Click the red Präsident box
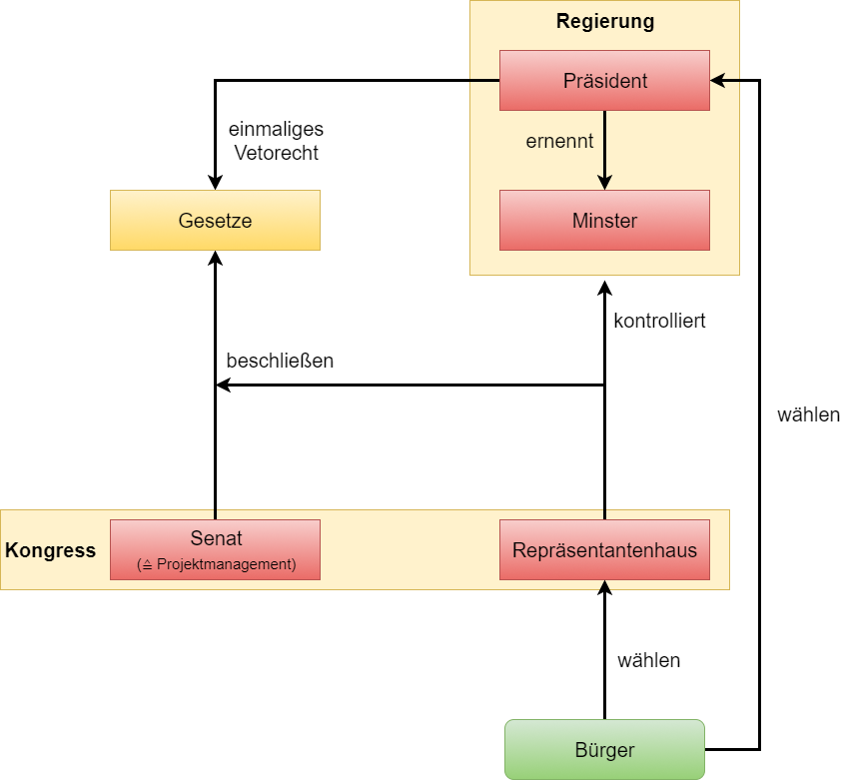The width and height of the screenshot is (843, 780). [604, 80]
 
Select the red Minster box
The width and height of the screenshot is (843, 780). [604, 220]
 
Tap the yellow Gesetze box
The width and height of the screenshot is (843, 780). [215, 220]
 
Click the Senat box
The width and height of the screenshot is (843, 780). [215, 548]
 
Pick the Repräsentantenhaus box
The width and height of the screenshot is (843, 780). [604, 549]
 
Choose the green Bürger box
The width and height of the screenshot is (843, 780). [604, 749]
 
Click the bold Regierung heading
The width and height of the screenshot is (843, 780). [604, 21]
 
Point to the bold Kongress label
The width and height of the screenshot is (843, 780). [51, 550]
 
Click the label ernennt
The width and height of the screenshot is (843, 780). [559, 141]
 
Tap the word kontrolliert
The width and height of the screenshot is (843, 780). [660, 321]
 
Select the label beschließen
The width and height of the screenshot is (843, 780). [280, 361]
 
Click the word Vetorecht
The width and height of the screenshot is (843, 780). [276, 153]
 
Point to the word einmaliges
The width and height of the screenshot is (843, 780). [276, 130]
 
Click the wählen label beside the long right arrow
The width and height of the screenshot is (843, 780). [808, 414]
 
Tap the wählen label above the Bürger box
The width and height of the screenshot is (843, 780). [648, 660]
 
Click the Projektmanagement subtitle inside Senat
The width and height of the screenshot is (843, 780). [217, 564]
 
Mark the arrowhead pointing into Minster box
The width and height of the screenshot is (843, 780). [604, 182]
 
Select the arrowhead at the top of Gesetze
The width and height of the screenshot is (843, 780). [215, 258]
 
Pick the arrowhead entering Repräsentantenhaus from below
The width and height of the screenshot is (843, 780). [604, 587]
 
